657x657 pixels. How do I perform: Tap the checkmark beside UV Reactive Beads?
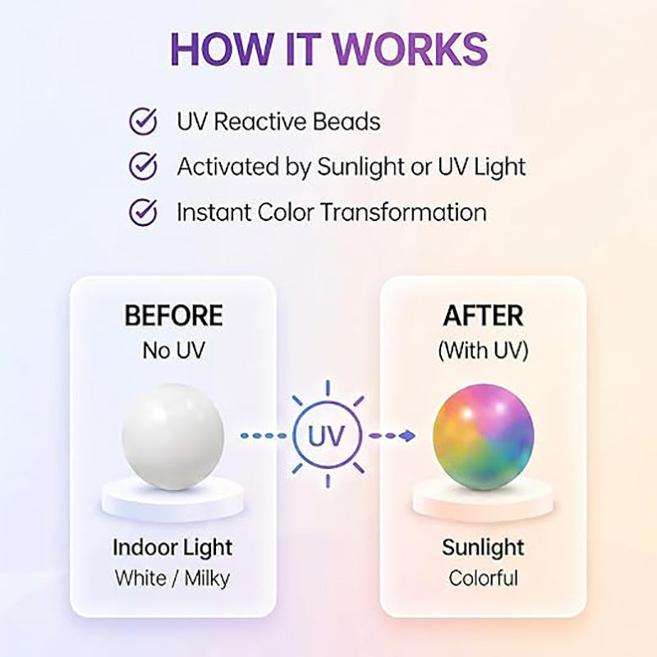coord(143,121)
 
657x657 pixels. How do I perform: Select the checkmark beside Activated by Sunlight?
coord(143,166)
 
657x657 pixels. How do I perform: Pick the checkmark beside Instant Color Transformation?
coord(143,212)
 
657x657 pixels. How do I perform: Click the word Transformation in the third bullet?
coord(404,212)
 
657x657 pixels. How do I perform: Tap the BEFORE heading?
coord(173,315)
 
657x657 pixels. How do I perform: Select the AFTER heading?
coord(483,315)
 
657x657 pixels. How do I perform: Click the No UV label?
coord(173,351)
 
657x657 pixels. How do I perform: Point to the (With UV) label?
coord(483,351)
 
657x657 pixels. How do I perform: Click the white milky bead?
coord(173,436)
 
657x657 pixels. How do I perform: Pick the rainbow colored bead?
coord(484,436)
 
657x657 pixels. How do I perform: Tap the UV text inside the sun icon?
coord(327,436)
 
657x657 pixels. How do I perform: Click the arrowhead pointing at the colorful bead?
coord(407,436)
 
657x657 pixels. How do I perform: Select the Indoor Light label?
coord(172,548)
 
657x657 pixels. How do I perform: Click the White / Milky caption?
coord(172,579)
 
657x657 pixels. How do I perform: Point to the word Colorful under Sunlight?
coord(484,578)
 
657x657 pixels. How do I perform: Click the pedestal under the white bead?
coord(172,501)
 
